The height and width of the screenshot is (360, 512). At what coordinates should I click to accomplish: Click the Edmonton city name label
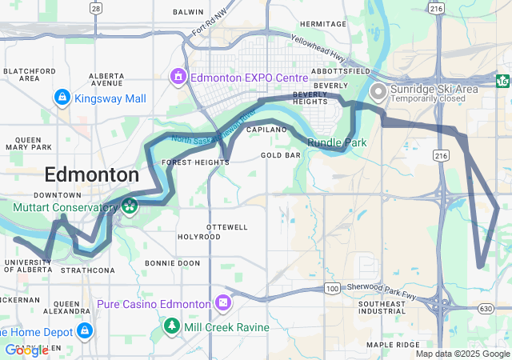92,175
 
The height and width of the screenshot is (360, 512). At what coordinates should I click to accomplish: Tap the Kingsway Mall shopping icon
61,98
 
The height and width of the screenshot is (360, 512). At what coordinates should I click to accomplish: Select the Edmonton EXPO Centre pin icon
177,78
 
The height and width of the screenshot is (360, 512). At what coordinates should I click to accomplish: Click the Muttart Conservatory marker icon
128,207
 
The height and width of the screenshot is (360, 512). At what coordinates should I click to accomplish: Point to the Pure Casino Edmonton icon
222,304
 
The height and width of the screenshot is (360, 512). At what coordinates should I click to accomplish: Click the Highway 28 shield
96,8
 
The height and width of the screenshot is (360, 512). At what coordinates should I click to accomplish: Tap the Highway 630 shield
486,308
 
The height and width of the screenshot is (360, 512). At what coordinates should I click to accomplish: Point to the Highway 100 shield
332,287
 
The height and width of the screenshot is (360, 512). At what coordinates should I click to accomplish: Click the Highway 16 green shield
502,81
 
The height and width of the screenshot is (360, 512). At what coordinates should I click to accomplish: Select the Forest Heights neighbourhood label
195,162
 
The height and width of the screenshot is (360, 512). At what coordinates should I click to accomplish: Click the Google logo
26,350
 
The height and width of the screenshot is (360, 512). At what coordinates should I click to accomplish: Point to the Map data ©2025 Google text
462,354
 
